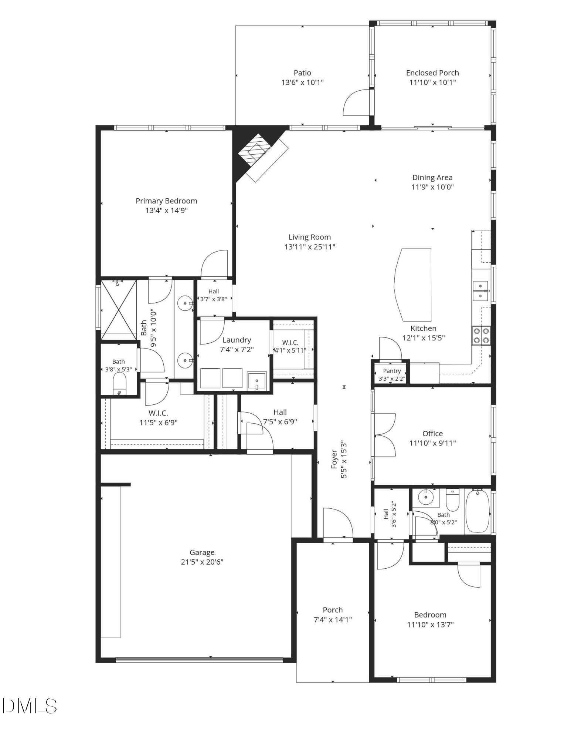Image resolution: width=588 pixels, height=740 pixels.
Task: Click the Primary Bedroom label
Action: coord(166,201)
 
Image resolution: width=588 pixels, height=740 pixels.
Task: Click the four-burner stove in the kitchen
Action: coord(481,336)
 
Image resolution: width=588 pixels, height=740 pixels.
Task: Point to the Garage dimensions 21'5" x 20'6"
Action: coord(202,562)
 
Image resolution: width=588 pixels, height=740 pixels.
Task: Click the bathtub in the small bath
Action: coord(477,511)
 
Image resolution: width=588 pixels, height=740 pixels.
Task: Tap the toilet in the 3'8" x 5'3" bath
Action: coord(119,383)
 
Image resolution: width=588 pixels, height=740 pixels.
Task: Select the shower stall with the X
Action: coord(119,310)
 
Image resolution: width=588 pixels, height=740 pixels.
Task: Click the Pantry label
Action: coord(392,371)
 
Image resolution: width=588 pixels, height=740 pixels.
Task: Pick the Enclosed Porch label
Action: coord(432,73)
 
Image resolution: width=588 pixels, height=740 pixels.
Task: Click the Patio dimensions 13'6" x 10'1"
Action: coord(302,83)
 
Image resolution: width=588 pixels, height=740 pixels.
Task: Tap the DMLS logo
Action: coord(30,706)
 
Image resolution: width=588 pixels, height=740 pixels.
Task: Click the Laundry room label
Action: coord(237,340)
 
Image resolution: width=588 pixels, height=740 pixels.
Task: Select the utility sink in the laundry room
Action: coord(256,381)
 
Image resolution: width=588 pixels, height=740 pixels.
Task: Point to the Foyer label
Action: coord(334,459)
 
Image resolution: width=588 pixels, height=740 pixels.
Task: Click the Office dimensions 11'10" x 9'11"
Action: coord(432,443)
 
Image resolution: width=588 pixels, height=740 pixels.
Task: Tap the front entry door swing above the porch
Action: coord(337,522)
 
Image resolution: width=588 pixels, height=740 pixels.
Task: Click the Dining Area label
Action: coord(432,178)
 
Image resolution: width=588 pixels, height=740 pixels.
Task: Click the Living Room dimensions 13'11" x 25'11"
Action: coord(310,247)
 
